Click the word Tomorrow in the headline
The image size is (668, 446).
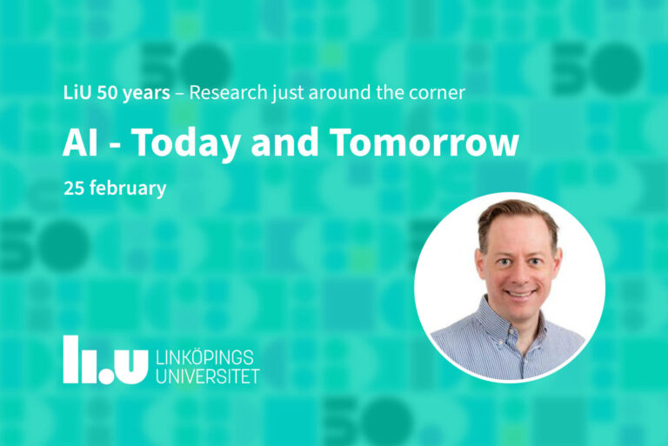(x=424, y=143)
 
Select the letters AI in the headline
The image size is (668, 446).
(x=81, y=143)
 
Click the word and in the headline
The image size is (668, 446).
(x=284, y=142)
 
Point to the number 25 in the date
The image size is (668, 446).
(x=74, y=189)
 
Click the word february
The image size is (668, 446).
(x=128, y=189)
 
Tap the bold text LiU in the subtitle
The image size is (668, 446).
(x=77, y=92)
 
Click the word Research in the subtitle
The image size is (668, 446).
(x=229, y=92)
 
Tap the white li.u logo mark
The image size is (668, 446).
(x=105, y=360)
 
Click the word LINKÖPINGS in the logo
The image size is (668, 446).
(x=205, y=358)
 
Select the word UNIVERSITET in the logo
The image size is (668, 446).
(x=208, y=376)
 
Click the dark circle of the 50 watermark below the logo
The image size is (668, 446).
(x=386, y=422)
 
